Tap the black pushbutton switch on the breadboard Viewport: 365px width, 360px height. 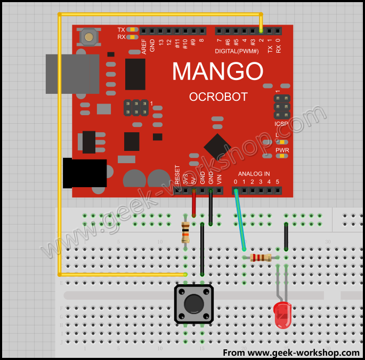(194, 303)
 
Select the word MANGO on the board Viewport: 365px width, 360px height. (217, 71)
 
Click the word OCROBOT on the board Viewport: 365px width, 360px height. (218, 97)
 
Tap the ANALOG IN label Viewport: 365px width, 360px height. (254, 174)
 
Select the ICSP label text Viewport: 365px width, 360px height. (281, 124)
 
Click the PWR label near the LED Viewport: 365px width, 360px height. (282, 150)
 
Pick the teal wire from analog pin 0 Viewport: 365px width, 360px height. (240, 220)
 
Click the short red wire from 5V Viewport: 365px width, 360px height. (193, 203)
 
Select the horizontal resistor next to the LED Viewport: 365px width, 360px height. (261, 258)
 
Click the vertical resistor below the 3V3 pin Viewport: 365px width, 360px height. (185, 231)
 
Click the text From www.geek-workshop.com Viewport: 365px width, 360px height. (291, 353)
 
